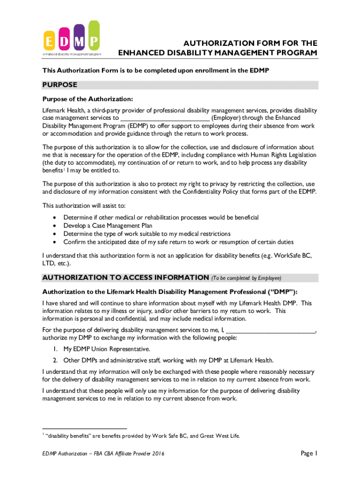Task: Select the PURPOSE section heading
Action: click(59, 85)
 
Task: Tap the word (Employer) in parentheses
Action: click(227, 118)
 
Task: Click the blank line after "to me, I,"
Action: click(270, 330)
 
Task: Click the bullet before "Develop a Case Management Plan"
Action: click(56, 226)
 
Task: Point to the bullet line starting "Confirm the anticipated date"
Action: click(179, 242)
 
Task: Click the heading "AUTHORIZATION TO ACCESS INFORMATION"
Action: click(125, 277)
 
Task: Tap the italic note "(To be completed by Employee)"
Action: click(246, 278)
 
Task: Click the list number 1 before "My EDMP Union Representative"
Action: click(55, 349)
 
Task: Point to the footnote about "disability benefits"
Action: click(141, 436)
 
